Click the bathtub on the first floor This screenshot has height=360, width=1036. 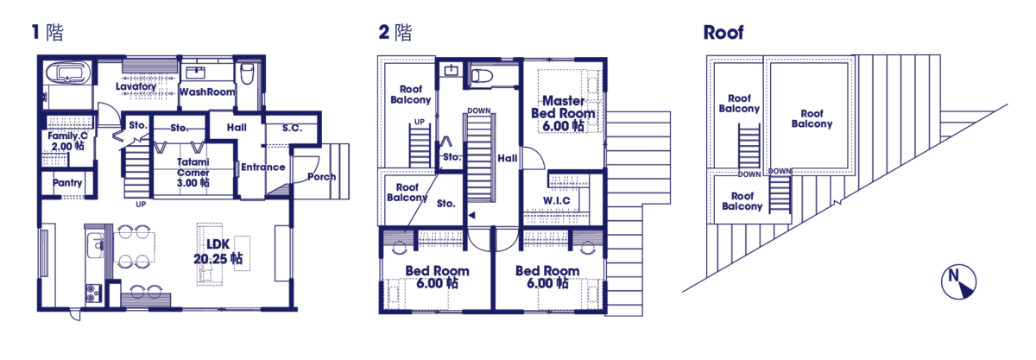click(68, 74)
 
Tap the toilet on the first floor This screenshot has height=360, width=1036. click(248, 74)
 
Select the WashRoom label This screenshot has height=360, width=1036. click(206, 92)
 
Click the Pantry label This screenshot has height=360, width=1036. click(67, 183)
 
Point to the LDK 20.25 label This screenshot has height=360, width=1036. click(218, 251)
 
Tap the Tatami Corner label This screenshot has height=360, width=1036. click(193, 172)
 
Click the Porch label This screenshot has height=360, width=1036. click(321, 177)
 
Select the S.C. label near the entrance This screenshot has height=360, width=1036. click(293, 128)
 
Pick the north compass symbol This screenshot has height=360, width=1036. click(959, 281)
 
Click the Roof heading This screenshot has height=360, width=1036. click(723, 33)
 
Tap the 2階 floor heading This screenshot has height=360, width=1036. click(395, 33)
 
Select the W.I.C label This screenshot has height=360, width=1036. click(556, 201)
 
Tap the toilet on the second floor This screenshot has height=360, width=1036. click(482, 76)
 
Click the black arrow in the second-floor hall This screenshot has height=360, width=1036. click(471, 215)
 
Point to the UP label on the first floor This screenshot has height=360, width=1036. click(141, 205)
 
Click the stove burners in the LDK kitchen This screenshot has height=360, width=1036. click(93, 294)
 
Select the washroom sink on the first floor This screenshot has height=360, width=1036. click(195, 73)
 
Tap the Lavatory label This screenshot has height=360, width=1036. click(136, 86)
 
